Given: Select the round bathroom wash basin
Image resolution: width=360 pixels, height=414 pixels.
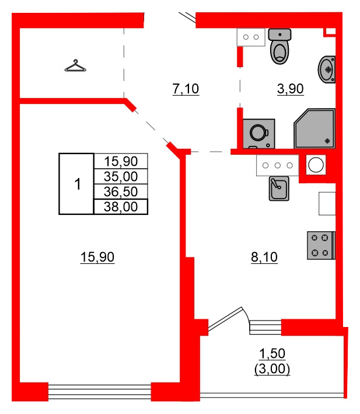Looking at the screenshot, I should tap(327, 69).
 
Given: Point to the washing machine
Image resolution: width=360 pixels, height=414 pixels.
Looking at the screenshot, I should tap(258, 133).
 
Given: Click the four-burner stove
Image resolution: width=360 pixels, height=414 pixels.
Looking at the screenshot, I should tap(320, 245).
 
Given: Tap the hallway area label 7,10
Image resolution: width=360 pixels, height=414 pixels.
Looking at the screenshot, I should tap(186, 89).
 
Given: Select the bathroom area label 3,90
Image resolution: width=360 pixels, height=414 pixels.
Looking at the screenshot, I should tap(291, 89).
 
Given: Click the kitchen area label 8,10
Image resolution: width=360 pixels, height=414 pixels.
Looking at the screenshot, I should tap(264, 256).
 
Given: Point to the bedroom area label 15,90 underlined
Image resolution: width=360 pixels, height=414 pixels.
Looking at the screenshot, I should tap(97, 256).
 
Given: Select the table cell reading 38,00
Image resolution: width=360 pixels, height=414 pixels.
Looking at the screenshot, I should tap(120, 207).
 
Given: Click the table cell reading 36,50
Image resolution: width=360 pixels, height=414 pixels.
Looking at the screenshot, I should tap(120, 192).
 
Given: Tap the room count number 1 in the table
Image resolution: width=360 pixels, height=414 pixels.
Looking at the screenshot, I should tap(76, 185).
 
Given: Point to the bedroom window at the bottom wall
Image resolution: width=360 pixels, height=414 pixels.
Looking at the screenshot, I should tap(99, 391).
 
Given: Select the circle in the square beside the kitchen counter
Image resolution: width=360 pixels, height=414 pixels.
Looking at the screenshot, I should tap(316, 165).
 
